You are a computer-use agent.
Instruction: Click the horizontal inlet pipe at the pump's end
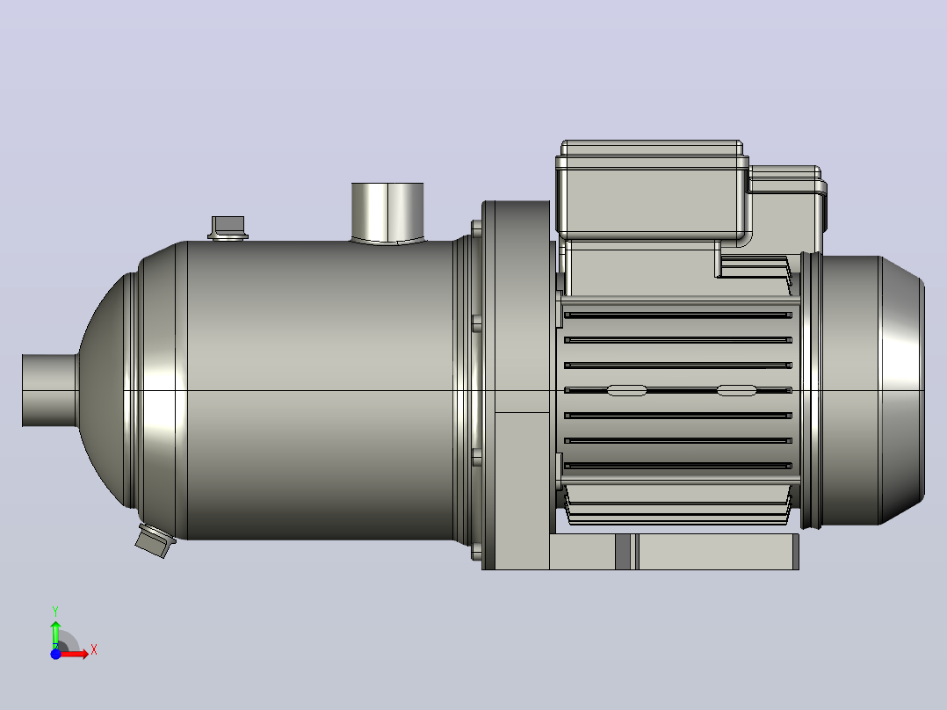[x=50, y=390]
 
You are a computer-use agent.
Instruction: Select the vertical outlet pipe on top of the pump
[x=387, y=213]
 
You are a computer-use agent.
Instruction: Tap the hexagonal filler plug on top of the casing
[x=228, y=228]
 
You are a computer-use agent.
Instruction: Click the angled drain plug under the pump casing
[x=155, y=540]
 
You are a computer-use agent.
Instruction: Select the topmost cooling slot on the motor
[x=677, y=315]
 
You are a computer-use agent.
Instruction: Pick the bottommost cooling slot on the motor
[x=677, y=466]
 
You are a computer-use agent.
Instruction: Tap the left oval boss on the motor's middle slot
[x=626, y=391]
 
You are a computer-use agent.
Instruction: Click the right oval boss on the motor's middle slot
[x=736, y=391]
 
